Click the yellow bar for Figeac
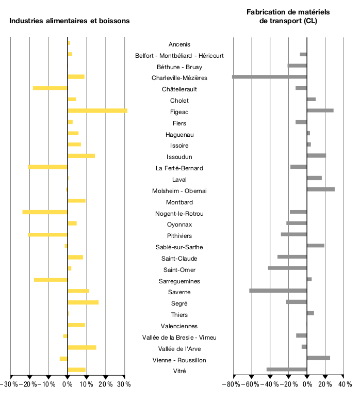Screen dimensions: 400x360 pyautogui.click(x=97, y=110)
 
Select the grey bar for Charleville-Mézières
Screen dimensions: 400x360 pyautogui.click(x=270, y=77)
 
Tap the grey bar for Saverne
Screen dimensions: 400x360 pyautogui.click(x=278, y=291)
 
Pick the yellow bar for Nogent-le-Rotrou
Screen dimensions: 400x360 pyautogui.click(x=45, y=212)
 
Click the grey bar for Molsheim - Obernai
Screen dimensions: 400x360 pyautogui.click(x=321, y=189)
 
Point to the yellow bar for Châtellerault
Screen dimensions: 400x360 pyautogui.click(x=50, y=88)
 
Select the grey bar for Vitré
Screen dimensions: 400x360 pyautogui.click(x=287, y=370)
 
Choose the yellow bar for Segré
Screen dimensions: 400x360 pyautogui.click(x=83, y=302)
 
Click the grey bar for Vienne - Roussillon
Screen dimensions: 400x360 pyautogui.click(x=318, y=358)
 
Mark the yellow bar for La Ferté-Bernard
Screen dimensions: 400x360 pyautogui.click(x=47, y=167)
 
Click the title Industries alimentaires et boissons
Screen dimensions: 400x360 pyautogui.click(x=70, y=21)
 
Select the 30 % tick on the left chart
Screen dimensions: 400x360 pyautogui.click(x=124, y=385)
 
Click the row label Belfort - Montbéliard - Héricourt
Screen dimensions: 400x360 pyautogui.click(x=179, y=56)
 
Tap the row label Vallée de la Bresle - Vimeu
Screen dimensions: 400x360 pyautogui.click(x=179, y=338)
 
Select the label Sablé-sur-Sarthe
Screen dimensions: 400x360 pyautogui.click(x=179, y=247)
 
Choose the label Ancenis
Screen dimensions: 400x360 pyautogui.click(x=179, y=44)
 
